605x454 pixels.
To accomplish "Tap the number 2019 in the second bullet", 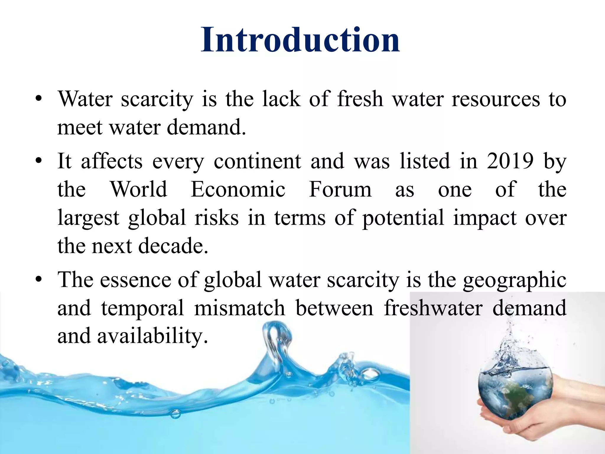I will pos(510,161).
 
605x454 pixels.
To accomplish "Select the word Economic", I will pos(238,189).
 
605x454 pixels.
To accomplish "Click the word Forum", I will pos(340,189).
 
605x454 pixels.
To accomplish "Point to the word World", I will pos(139,189).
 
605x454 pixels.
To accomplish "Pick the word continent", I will pos(257,161).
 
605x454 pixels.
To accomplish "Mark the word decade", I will pos(173,246).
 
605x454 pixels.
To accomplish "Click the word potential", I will pos(403,218).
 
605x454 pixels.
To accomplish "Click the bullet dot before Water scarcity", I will pos(38,99).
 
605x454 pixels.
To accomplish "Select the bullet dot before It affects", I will pos(38,161).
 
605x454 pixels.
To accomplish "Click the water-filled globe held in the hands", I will pos(515,390).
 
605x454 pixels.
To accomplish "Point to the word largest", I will pos(88,218).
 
